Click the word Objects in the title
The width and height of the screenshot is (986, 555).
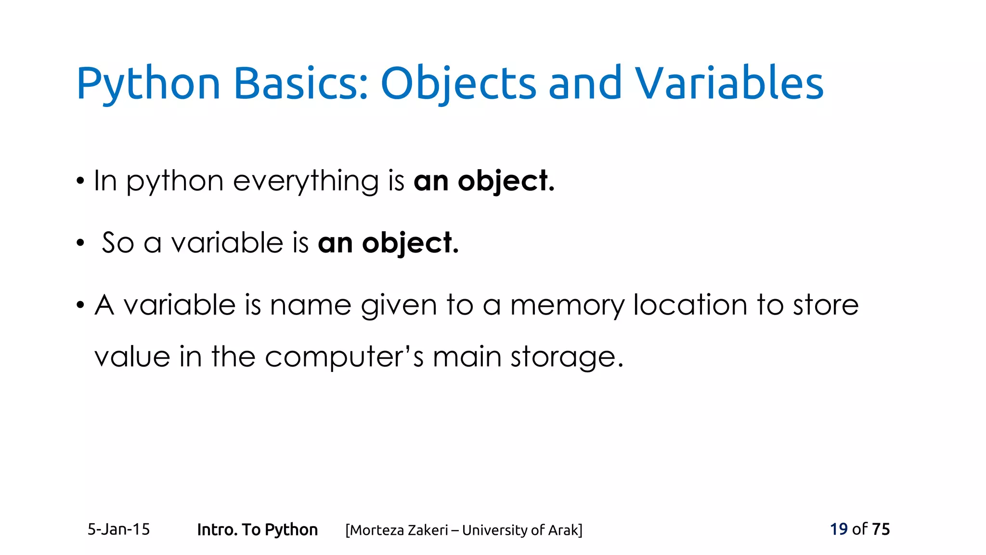pyautogui.click(x=458, y=84)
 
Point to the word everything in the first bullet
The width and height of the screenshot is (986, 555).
pyautogui.click(x=306, y=182)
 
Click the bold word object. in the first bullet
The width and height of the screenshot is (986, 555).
pyautogui.click(x=506, y=182)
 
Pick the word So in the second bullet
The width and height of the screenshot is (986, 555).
pyautogui.click(x=117, y=243)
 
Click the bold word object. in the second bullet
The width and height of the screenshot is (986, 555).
pyautogui.click(x=410, y=243)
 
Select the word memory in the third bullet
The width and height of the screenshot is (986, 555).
pyautogui.click(x=567, y=305)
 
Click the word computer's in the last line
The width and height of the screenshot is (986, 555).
pyautogui.click(x=344, y=357)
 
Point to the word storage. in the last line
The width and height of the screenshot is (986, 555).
pyautogui.click(x=567, y=358)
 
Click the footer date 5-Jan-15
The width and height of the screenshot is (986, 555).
pyautogui.click(x=118, y=529)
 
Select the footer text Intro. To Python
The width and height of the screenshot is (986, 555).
pyautogui.click(x=257, y=530)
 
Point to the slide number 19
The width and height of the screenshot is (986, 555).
pyautogui.click(x=839, y=529)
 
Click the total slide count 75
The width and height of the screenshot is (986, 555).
pyautogui.click(x=881, y=529)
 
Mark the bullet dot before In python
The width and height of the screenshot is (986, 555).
pyautogui.click(x=80, y=182)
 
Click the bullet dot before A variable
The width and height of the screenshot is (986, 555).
pyautogui.click(x=80, y=305)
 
